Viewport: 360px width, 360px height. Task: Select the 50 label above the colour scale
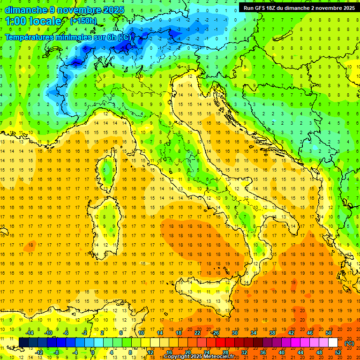click(328, 333)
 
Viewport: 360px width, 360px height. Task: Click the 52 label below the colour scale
click(338, 352)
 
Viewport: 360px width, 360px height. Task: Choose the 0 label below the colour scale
click(93, 352)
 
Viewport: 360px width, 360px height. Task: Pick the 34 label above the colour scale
click(254, 333)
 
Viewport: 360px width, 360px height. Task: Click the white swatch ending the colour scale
click(333, 343)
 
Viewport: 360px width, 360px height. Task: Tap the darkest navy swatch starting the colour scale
click(23, 343)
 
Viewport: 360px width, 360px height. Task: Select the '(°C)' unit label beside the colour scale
click(349, 343)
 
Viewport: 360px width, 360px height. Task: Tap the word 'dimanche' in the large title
click(24, 10)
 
